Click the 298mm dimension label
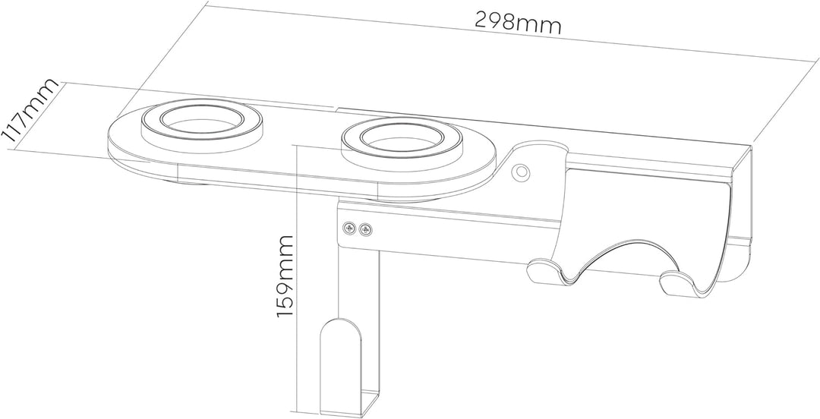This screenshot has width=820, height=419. (518, 22)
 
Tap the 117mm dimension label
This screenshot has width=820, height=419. (30, 112)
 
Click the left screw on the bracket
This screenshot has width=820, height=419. (350, 226)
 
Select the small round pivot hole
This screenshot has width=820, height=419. (521, 171)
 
